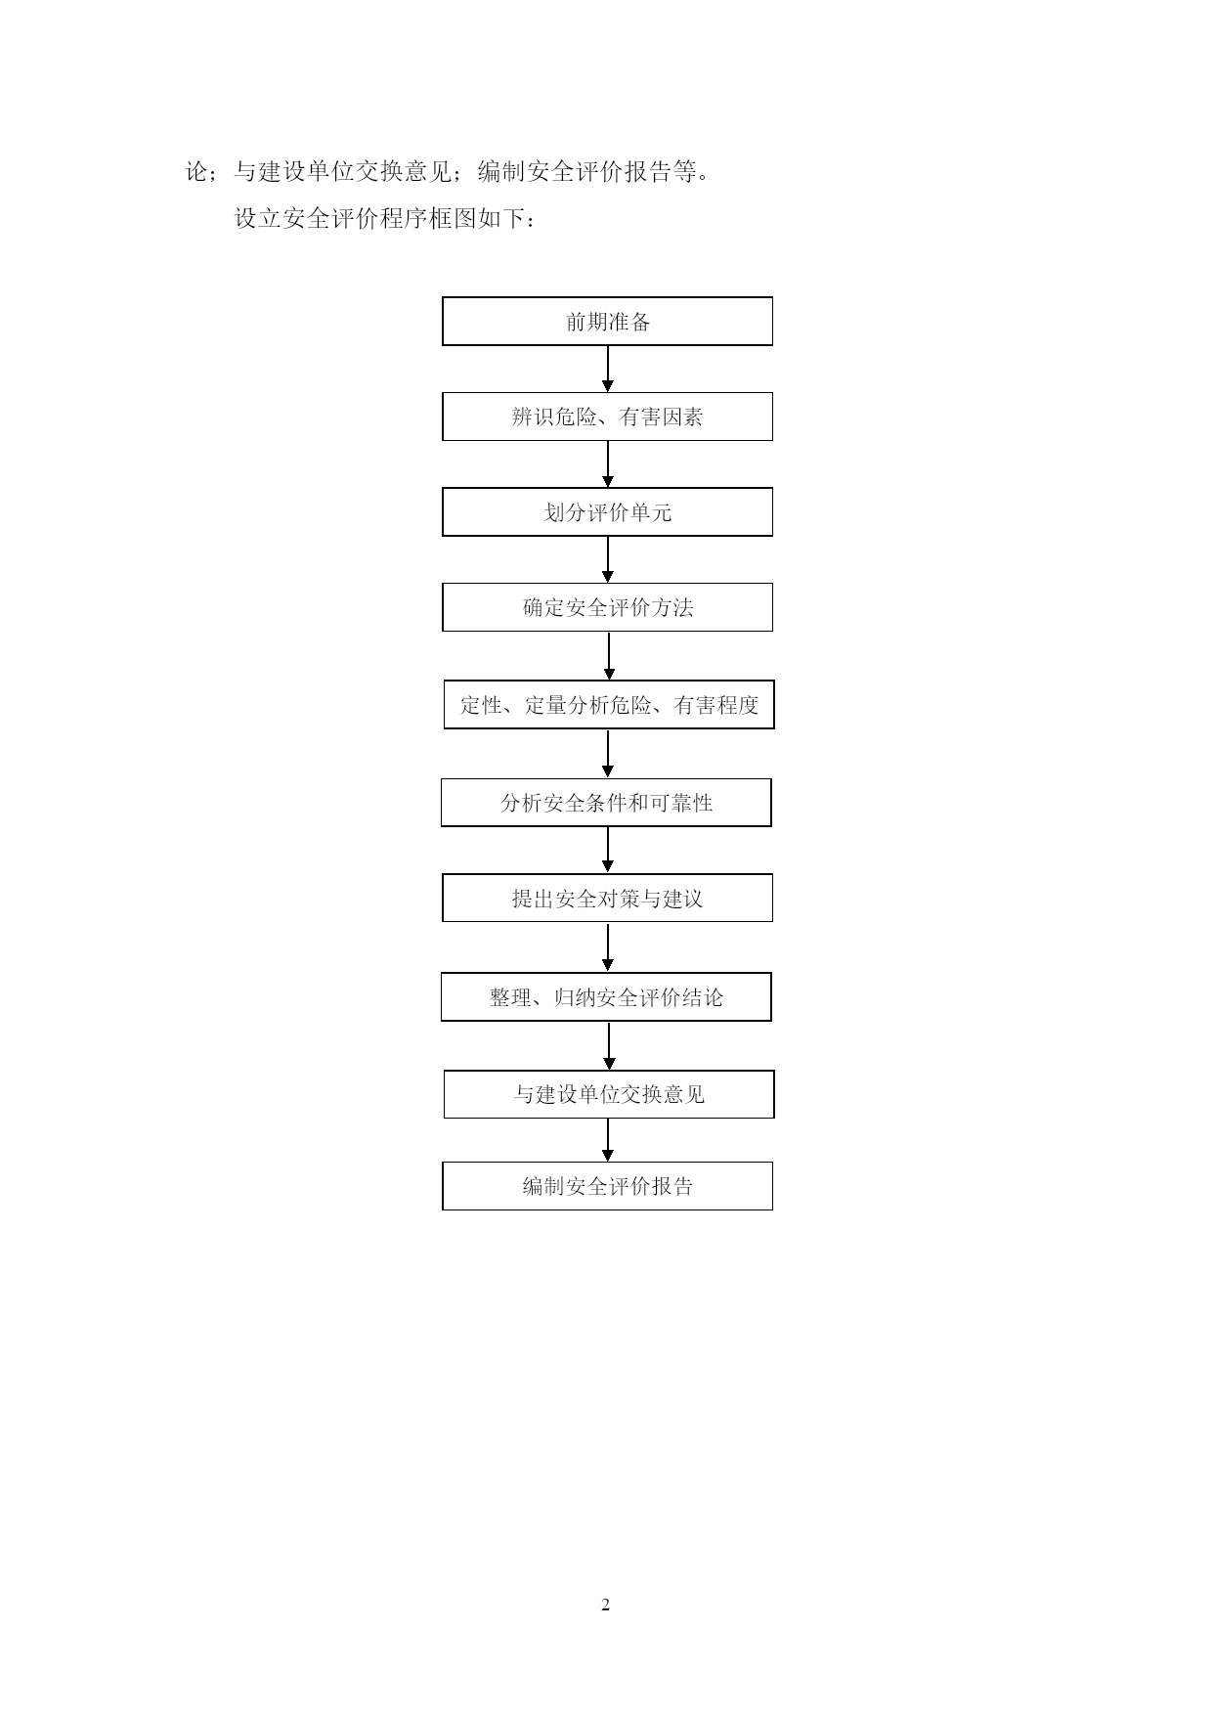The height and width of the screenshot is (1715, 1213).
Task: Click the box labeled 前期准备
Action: [x=607, y=322]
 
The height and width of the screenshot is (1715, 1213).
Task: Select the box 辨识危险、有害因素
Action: [x=607, y=417]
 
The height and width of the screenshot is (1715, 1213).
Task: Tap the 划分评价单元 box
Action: [x=607, y=512]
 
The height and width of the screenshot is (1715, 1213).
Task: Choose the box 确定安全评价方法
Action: [x=607, y=607]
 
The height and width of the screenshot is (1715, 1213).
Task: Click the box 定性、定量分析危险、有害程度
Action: [x=609, y=705]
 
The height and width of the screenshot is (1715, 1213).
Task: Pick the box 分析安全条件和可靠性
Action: [x=606, y=803]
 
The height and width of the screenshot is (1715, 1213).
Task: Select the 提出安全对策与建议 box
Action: [x=607, y=899]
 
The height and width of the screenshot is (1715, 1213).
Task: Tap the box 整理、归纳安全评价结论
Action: [x=606, y=997]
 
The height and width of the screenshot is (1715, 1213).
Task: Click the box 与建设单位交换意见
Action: [x=609, y=1094]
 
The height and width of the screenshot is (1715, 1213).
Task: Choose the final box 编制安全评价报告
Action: [x=607, y=1186]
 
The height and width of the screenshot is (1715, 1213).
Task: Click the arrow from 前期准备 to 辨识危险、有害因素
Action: [x=608, y=370]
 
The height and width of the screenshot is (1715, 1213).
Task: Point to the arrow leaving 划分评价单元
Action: [x=608, y=560]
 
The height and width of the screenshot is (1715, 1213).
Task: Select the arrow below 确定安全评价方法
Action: [x=610, y=656]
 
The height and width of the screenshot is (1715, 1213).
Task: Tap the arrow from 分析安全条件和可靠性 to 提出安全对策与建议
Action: [x=608, y=851]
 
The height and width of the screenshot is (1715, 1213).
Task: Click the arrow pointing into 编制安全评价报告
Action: [x=608, y=1140]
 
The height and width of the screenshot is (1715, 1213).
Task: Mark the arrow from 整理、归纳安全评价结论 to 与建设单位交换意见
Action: [x=610, y=1046]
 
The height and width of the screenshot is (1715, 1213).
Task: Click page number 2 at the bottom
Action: [x=605, y=1605]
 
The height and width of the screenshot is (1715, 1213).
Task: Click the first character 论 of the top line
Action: [x=197, y=172]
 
